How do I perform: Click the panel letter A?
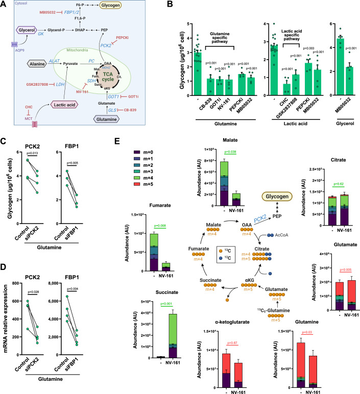5,5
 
